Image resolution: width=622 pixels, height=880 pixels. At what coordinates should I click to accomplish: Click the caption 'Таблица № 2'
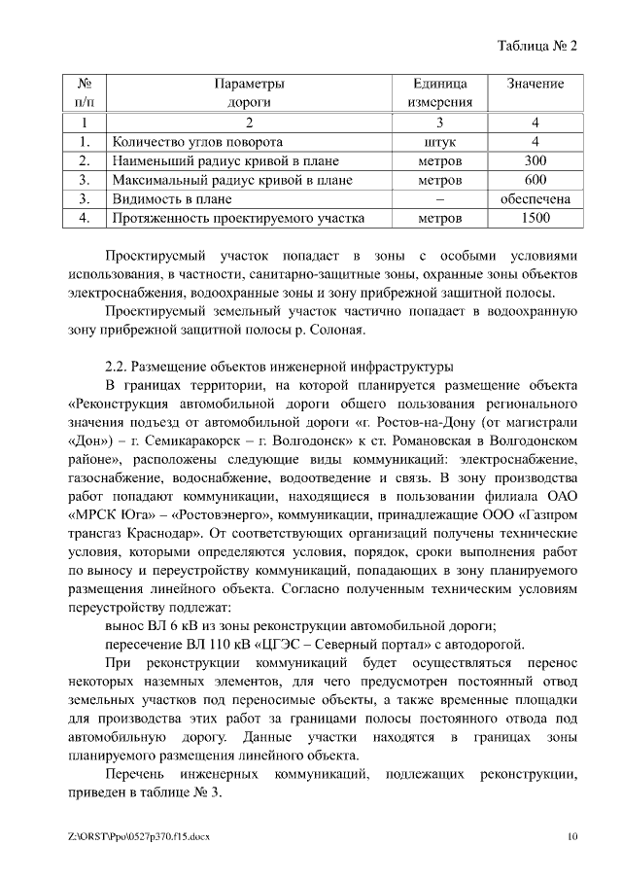537,47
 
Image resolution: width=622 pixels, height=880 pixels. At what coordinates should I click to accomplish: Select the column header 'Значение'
535,85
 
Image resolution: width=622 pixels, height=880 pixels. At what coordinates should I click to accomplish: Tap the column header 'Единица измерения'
439,92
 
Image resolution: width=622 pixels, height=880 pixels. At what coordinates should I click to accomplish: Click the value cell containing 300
535,160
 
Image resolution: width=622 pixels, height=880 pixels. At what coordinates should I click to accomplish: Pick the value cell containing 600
535,180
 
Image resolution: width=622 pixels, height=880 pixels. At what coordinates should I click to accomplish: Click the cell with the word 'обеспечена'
535,199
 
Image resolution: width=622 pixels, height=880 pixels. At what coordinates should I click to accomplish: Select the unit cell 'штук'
439,142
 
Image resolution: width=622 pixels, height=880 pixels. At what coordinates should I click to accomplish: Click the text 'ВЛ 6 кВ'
172,624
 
